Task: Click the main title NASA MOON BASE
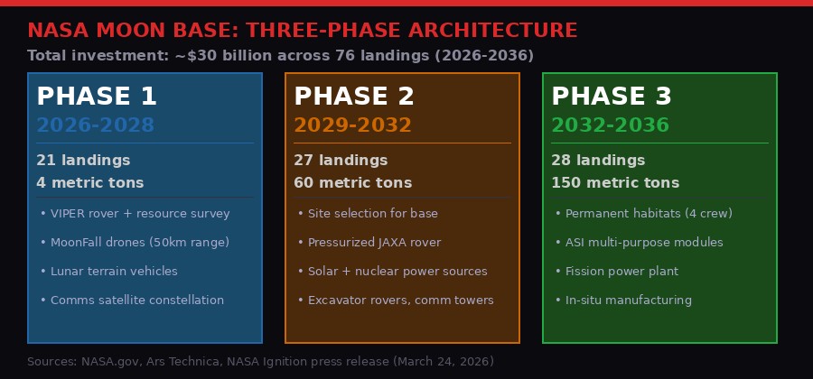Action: click(x=302, y=31)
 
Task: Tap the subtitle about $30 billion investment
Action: click(x=280, y=56)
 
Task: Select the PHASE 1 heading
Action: click(x=97, y=97)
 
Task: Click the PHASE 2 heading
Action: click(x=354, y=97)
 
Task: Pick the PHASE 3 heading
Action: click(x=612, y=97)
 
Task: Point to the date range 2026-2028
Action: click(x=95, y=125)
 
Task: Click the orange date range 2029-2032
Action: click(x=352, y=125)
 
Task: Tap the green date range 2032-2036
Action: click(x=610, y=125)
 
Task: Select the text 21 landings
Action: click(x=83, y=161)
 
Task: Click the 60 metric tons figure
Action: click(x=352, y=183)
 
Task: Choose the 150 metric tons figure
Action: click(x=615, y=183)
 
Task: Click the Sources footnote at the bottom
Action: click(x=260, y=362)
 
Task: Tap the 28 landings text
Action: click(x=598, y=161)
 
